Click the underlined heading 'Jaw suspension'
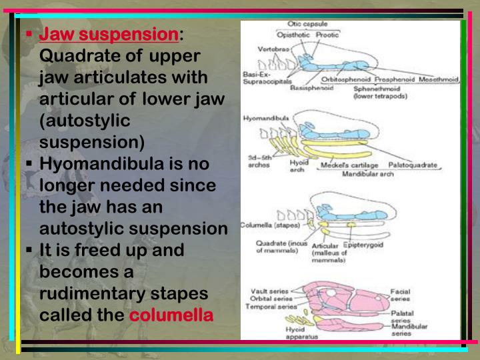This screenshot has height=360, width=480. (109, 34)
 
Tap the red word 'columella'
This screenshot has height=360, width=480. (171, 315)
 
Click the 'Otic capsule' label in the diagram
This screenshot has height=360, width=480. (306, 24)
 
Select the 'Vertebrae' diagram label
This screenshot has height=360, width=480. (273, 50)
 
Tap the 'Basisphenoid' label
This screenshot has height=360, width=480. (313, 87)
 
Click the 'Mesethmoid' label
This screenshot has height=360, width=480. (438, 79)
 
